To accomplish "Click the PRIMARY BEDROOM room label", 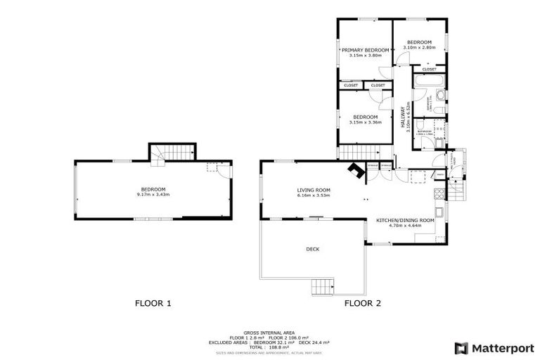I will pyautogui.click(x=365, y=50).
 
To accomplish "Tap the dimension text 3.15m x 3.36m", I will pyautogui.click(x=365, y=122).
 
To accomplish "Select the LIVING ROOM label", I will pyautogui.click(x=314, y=190).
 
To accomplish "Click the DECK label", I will pyautogui.click(x=313, y=249).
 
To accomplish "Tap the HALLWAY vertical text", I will pyautogui.click(x=404, y=116).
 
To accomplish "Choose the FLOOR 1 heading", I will pyautogui.click(x=153, y=304).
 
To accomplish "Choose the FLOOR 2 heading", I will pyautogui.click(x=362, y=304).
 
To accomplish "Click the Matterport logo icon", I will pyautogui.click(x=461, y=347).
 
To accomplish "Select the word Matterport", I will pyautogui.click(x=501, y=347).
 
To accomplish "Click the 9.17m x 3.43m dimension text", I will pyautogui.click(x=153, y=195).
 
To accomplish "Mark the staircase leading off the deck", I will pyautogui.click(x=322, y=286).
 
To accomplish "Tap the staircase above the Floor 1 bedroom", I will pyautogui.click(x=172, y=153).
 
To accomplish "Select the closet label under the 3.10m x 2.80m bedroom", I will pyautogui.click(x=429, y=70).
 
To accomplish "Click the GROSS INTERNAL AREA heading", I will pyautogui.click(x=269, y=332).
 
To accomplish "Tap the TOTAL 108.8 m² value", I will pyautogui.click(x=269, y=347).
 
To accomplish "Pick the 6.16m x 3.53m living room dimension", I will pyautogui.click(x=314, y=195).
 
